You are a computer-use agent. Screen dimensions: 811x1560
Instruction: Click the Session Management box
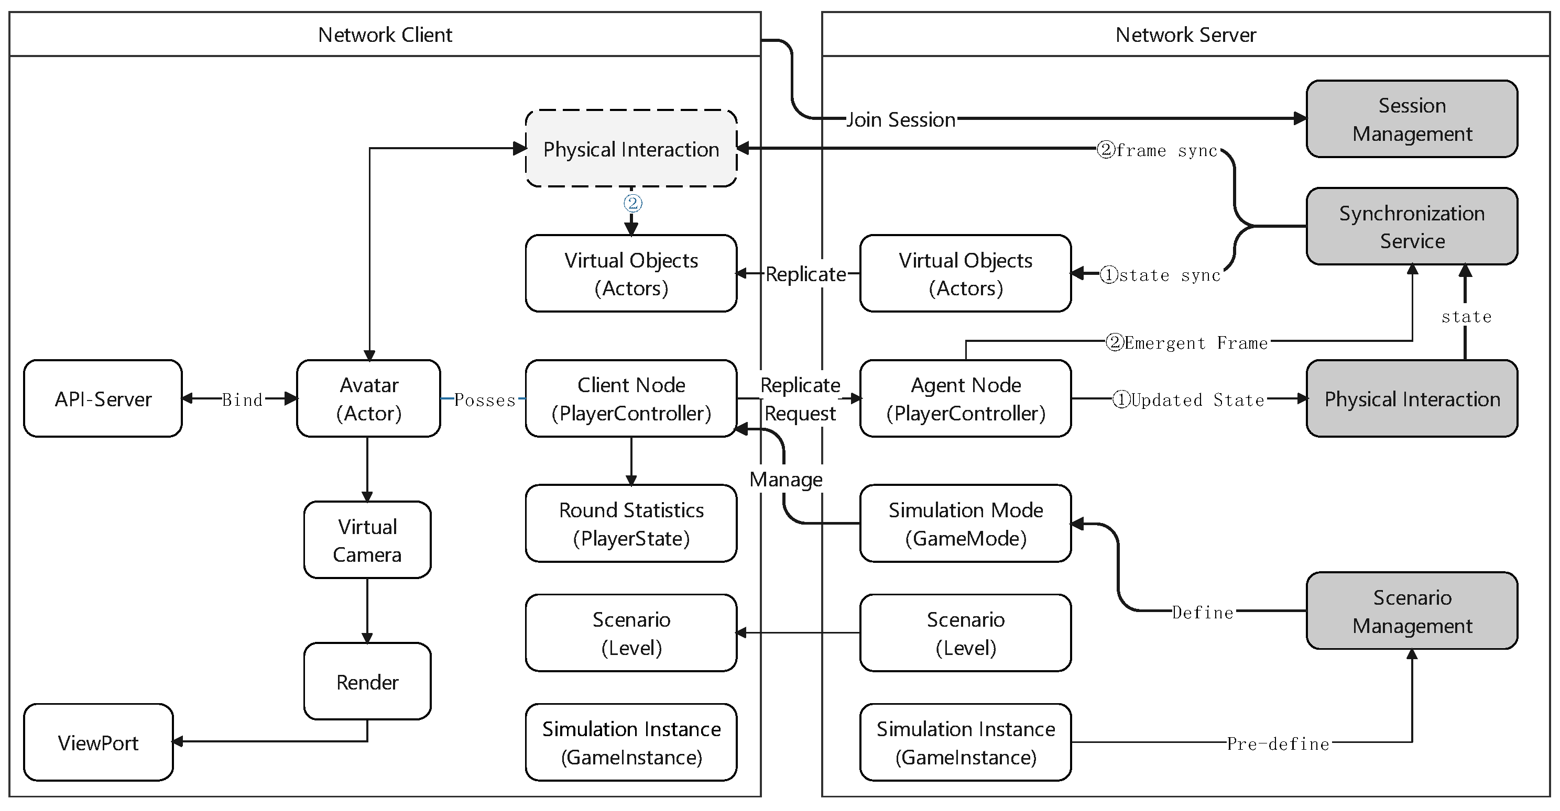click(1411, 119)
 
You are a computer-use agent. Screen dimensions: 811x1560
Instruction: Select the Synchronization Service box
click(1411, 226)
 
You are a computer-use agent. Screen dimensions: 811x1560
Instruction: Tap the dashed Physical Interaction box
click(631, 149)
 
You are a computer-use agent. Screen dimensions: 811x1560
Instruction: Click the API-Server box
click(103, 399)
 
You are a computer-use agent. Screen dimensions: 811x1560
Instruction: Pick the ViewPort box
click(98, 742)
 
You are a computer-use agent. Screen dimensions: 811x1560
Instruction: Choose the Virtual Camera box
click(367, 540)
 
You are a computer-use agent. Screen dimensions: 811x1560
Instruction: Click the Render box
click(367, 682)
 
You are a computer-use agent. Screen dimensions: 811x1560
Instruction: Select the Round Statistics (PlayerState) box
click(631, 524)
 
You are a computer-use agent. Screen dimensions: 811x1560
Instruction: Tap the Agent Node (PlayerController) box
click(965, 399)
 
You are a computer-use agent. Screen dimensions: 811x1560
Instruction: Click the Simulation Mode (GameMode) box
click(965, 524)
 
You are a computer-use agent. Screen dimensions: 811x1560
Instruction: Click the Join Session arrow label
click(900, 120)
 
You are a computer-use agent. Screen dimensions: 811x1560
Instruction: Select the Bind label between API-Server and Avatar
click(242, 399)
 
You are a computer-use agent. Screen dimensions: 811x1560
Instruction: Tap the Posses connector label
click(485, 399)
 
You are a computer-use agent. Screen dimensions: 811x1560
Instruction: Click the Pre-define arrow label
click(1278, 744)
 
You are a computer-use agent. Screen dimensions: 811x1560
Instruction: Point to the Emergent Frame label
click(1187, 343)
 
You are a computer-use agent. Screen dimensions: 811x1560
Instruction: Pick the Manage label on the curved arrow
click(786, 480)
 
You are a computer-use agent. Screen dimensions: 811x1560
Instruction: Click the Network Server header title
click(1185, 35)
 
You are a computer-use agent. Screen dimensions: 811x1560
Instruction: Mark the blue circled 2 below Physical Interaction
click(632, 203)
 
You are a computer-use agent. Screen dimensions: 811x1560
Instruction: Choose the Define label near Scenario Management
click(1203, 613)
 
